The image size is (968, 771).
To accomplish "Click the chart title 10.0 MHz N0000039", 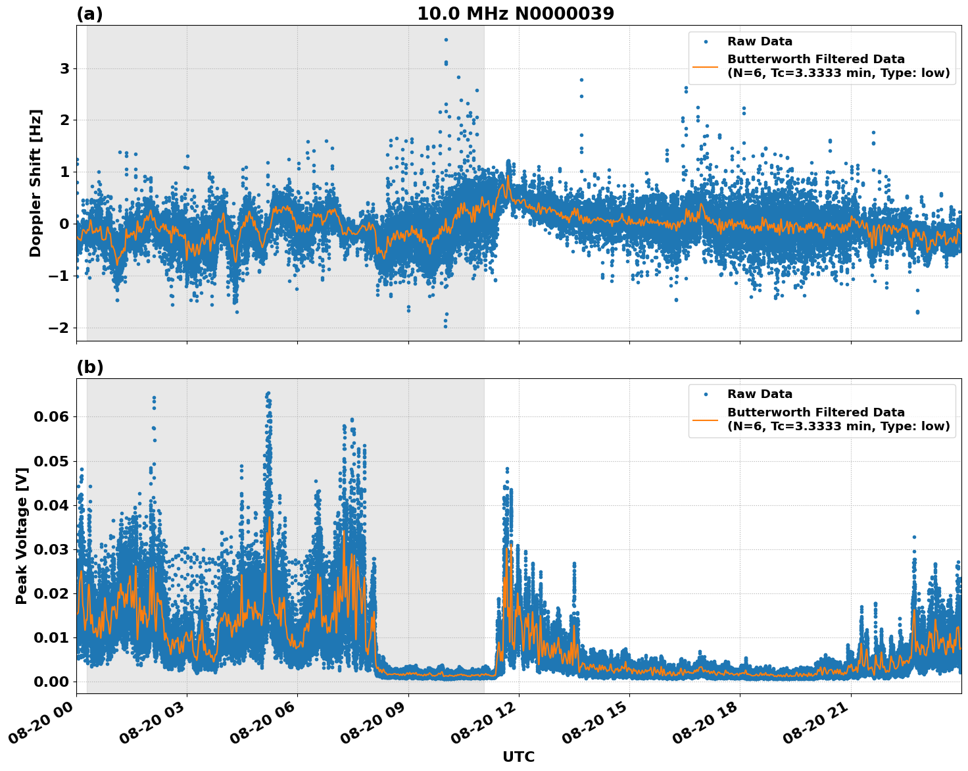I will pyautogui.click(x=515, y=14).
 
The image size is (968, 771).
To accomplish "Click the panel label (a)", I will pyautogui.click(x=89, y=14).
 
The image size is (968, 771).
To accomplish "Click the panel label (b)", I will pyautogui.click(x=89, y=367).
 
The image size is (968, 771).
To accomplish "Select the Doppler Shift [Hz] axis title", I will pyautogui.click(x=36, y=183).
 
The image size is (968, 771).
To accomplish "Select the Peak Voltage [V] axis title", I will pyautogui.click(x=22, y=550).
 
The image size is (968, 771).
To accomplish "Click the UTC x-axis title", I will pyautogui.click(x=518, y=757).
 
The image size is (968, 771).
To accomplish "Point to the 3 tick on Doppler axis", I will pyautogui.click(x=64, y=69).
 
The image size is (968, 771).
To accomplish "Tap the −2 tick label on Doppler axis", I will pyautogui.click(x=60, y=328).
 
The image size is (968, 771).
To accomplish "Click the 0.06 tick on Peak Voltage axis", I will pyautogui.click(x=55, y=417).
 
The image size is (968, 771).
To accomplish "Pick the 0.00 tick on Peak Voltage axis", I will pyautogui.click(x=55, y=682).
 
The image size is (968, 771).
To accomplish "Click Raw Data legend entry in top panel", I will pyautogui.click(x=760, y=41).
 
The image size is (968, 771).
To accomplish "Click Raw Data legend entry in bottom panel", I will pyautogui.click(x=760, y=394).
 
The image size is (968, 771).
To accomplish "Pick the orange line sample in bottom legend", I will pyautogui.click(x=706, y=419).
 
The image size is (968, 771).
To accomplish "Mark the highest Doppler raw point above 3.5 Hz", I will pyautogui.click(x=446, y=39).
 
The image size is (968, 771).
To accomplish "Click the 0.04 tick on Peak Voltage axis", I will pyautogui.click(x=55, y=505).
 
